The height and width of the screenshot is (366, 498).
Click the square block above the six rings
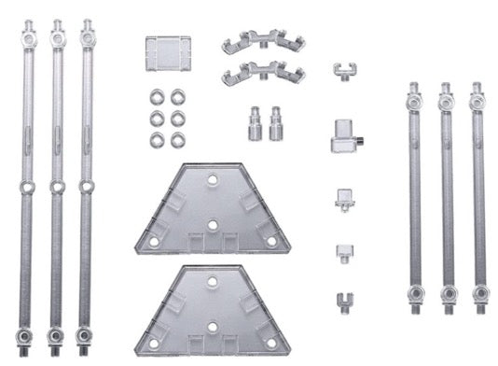tap(168, 53)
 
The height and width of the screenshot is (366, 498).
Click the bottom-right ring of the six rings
tap(177, 140)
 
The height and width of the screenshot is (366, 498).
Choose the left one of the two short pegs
tap(253, 121)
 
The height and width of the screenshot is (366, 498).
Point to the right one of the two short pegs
tap(275, 121)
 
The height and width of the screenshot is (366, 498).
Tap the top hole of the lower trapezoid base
tap(214, 280)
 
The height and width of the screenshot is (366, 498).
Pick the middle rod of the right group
tap(447, 196)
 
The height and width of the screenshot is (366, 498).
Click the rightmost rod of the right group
tap(478, 196)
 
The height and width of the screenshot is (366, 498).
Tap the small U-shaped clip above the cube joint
tap(343, 70)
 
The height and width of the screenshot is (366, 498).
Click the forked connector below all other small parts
tap(343, 301)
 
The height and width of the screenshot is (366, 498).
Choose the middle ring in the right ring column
tap(177, 119)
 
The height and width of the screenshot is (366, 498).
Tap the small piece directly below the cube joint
tap(342, 198)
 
